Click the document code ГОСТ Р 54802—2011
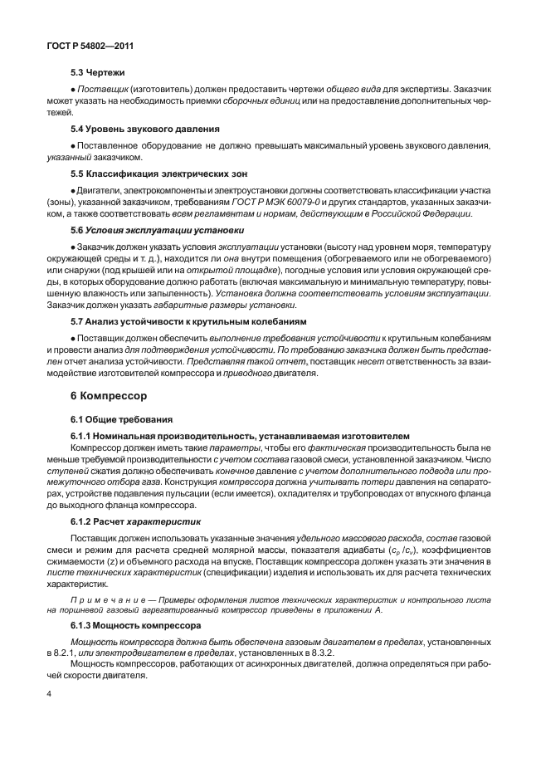coord(81,49)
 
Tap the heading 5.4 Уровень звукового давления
coord(144,129)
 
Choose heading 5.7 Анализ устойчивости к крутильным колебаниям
coord(188,320)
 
